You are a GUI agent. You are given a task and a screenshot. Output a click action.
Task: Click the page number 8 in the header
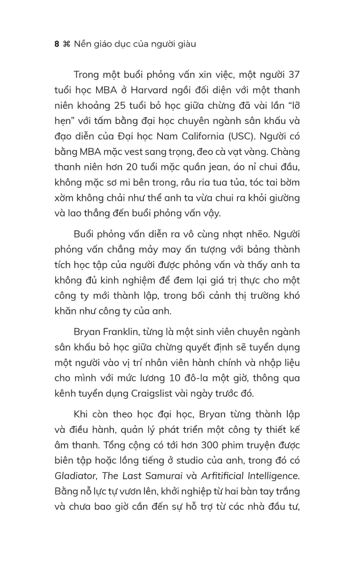pyautogui.click(x=57, y=44)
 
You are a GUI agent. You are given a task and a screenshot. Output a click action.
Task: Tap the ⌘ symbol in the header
pyautogui.click(x=66, y=44)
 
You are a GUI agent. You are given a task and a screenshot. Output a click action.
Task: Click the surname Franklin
pyautogui.click(x=123, y=331)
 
